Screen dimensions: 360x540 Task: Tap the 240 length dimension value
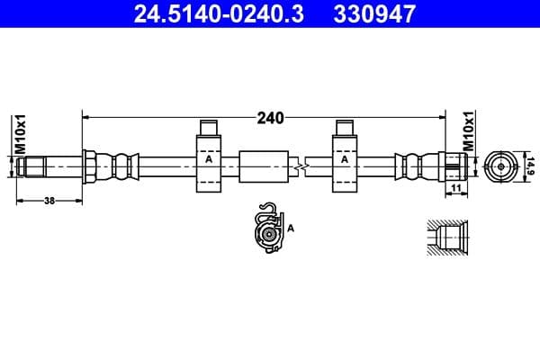click(x=269, y=117)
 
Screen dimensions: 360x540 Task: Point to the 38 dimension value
click(x=49, y=201)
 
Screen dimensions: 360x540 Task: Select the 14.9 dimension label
click(x=530, y=166)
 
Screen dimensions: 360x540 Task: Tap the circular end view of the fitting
click(x=498, y=166)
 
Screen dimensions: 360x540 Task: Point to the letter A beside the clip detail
click(x=292, y=229)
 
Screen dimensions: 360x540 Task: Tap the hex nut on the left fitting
click(x=90, y=166)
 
